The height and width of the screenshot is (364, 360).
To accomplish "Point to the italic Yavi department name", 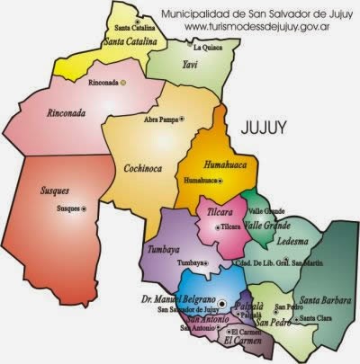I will point(190,65).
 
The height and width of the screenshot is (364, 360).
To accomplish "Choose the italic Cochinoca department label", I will point(138,167).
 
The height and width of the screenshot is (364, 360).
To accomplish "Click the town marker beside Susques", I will point(85,209).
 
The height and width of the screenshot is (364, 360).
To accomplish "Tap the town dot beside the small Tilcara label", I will point(216,228).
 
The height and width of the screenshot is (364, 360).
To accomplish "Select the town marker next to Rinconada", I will point(123,83).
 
